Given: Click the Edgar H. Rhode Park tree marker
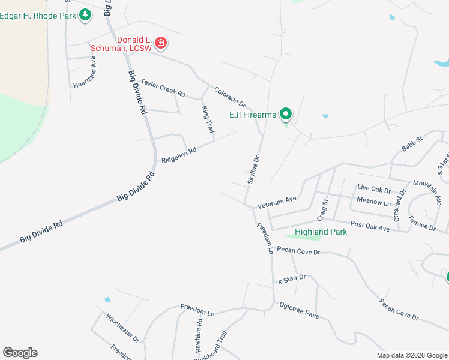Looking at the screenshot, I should [86, 14].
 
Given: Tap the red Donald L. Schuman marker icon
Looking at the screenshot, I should [160, 43].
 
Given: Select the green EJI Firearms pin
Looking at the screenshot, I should [286, 113].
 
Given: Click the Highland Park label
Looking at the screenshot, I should [321, 232].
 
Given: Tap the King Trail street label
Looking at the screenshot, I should [208, 119].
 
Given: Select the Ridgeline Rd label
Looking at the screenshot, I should [179, 156].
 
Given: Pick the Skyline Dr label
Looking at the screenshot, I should [254, 170].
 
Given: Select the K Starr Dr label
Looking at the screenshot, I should [292, 279].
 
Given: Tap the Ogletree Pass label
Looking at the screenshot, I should [299, 310].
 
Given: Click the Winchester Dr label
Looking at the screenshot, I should [122, 328].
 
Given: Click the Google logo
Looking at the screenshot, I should [20, 353].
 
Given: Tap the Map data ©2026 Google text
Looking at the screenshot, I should [411, 355].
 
